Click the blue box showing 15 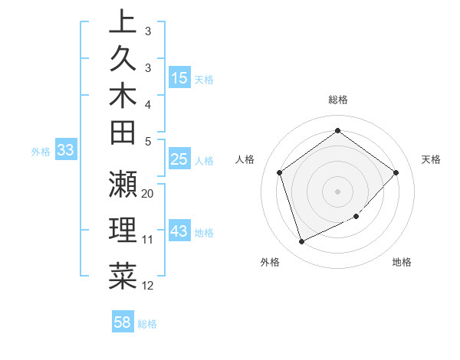pyautogui.click(x=179, y=77)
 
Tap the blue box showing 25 pyautogui.click(x=179, y=160)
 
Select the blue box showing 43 pyautogui.click(x=179, y=231)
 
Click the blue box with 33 pyautogui.click(x=66, y=151)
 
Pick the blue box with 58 pyautogui.click(x=122, y=322)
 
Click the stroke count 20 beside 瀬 pyautogui.click(x=148, y=193)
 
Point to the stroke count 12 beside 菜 pyautogui.click(x=148, y=286)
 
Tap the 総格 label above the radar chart pyautogui.click(x=338, y=100)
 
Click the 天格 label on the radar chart pyautogui.click(x=431, y=159)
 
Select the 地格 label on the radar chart pyautogui.click(x=402, y=262)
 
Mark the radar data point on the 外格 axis pyautogui.click(x=301, y=242)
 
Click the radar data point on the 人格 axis pyautogui.click(x=280, y=172)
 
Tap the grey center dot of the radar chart pyautogui.click(x=338, y=191)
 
